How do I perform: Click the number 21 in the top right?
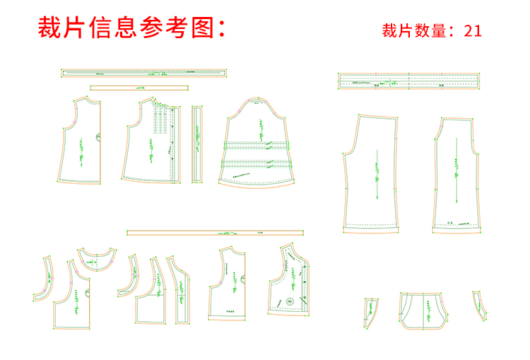(473, 30)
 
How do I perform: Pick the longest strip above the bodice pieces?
(143, 71)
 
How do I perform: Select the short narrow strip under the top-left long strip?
(140, 88)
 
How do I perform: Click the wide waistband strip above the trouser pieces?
(409, 81)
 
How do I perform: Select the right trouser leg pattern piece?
(458, 173)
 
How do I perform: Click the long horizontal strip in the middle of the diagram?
(215, 232)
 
